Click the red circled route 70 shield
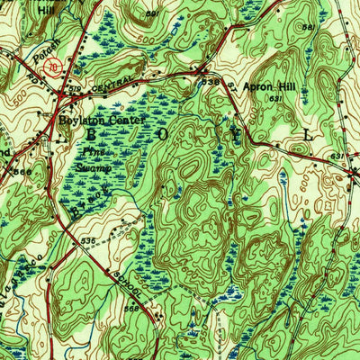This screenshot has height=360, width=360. (x=54, y=67)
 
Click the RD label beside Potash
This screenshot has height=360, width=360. (x=22, y=73)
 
